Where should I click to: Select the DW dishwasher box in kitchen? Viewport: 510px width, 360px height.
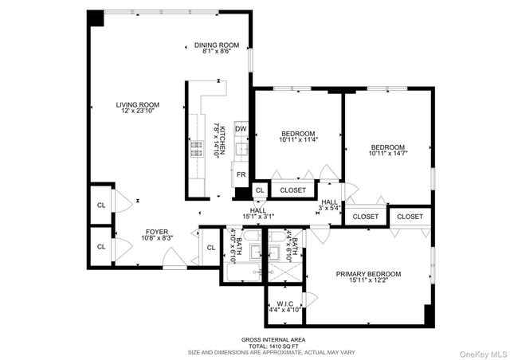click(241, 128)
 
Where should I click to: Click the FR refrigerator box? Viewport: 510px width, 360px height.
click(241, 174)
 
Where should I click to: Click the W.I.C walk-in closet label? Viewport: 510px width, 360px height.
click(284, 306)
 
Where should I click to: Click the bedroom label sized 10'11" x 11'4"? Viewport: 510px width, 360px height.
click(298, 136)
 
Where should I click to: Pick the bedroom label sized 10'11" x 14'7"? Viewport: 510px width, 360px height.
click(388, 151)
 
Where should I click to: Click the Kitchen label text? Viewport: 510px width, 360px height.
click(219, 139)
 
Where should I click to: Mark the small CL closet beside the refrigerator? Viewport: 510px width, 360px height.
click(260, 190)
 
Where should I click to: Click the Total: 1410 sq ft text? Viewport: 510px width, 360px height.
click(254, 345)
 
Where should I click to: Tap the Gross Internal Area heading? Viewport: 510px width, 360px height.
click(254, 338)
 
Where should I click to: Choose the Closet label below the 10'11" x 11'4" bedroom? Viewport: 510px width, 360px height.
click(293, 190)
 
